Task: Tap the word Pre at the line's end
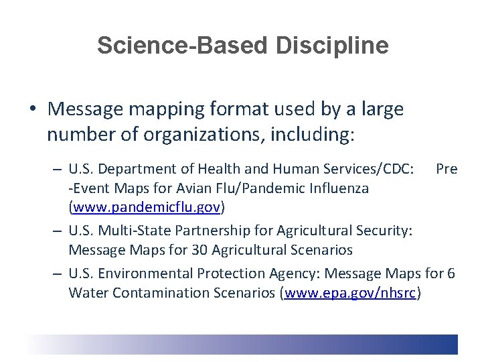pos(447,169)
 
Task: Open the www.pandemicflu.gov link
pos(147,207)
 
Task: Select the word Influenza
pos(337,188)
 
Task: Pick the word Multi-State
pos(129,231)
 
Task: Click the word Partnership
pos(201,231)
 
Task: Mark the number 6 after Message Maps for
pos(451,274)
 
